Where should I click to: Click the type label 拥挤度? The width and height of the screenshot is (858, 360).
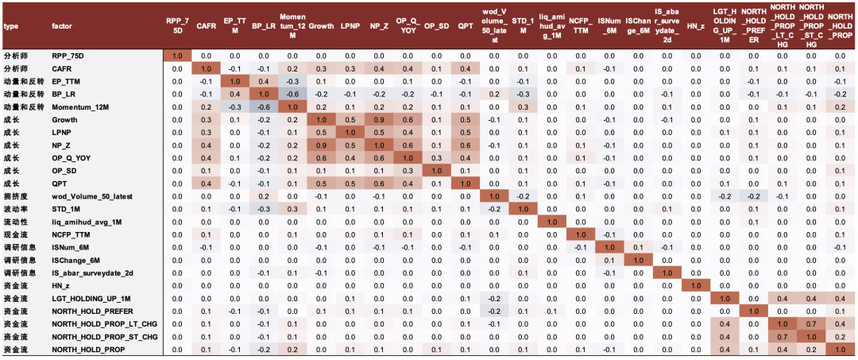click(x=17, y=195)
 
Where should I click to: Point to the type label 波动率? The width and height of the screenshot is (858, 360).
click(x=17, y=208)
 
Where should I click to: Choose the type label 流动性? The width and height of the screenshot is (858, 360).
click(x=17, y=221)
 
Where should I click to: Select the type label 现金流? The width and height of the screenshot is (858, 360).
click(x=17, y=234)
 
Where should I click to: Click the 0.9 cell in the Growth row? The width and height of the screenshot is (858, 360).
click(x=379, y=119)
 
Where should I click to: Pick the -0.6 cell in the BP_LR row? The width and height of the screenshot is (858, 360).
click(x=292, y=94)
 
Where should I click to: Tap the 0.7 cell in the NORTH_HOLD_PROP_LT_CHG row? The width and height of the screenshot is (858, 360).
click(x=812, y=323)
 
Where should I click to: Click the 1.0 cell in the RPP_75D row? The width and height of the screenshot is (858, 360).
click(x=177, y=56)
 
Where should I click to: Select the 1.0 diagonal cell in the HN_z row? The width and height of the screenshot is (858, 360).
click(x=696, y=285)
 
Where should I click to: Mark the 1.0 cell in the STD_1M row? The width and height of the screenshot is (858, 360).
click(x=523, y=208)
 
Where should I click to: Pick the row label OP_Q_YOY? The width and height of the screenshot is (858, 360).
click(x=71, y=157)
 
